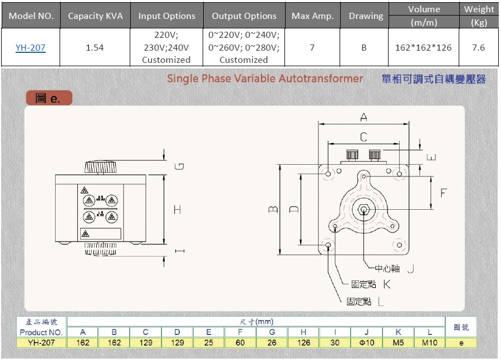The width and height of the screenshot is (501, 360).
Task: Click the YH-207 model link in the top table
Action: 30,48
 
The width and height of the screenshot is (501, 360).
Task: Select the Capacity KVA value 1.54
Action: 95,48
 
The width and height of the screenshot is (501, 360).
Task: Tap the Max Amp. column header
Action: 312,16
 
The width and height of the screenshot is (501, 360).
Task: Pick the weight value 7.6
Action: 478,48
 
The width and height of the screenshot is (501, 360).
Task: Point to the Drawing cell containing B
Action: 364,48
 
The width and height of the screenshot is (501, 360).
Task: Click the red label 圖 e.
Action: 49,98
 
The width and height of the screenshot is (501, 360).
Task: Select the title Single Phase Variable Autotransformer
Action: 265,78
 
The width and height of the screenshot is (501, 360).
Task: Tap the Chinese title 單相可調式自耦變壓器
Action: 434,79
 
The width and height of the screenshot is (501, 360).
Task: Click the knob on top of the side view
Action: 101,166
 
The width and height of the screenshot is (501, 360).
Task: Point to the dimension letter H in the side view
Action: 177,210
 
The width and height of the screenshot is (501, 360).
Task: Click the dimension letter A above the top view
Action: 364,117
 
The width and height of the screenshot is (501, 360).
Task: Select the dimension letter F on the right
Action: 444,193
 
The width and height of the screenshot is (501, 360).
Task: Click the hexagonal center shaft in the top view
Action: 364,210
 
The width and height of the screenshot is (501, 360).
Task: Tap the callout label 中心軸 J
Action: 394,269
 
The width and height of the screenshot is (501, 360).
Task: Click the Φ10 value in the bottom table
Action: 366,343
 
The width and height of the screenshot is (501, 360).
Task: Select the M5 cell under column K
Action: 398,343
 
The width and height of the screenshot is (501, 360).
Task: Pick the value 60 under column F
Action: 240,343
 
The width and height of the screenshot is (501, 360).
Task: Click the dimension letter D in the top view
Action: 294,209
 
